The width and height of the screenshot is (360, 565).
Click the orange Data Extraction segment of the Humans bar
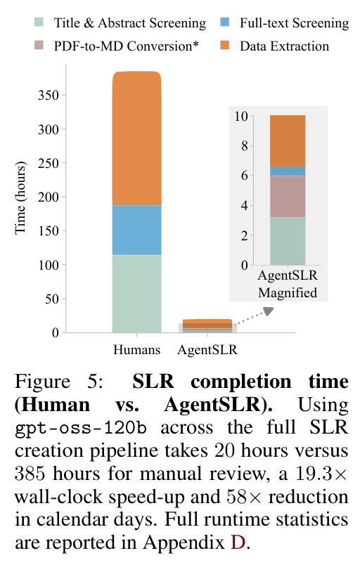tap(136, 138)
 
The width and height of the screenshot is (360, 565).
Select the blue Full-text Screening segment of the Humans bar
tap(136, 230)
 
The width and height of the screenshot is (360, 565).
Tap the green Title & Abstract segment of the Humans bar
tap(136, 294)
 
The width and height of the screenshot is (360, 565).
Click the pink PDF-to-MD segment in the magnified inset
tap(288, 196)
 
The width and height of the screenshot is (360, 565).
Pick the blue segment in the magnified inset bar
tap(288, 171)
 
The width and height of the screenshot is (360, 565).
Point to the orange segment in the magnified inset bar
tap(288, 141)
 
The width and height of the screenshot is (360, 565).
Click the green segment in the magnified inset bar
tap(288, 241)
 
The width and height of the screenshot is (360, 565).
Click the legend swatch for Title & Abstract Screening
tap(39, 22)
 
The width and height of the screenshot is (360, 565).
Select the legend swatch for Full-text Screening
tap(224, 22)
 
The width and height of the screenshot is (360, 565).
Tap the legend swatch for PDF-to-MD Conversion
tap(39, 46)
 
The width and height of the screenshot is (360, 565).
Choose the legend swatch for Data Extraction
tap(224, 46)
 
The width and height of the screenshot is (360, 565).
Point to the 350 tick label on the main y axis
tap(49, 96)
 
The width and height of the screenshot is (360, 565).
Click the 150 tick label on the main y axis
tap(49, 231)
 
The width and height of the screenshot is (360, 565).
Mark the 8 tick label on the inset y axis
tap(245, 146)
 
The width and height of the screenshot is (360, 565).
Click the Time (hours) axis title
tap(20, 198)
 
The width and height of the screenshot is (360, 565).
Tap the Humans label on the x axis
tap(136, 349)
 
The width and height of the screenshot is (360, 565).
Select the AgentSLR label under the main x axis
tap(207, 349)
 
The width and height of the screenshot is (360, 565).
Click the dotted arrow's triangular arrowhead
tap(269, 311)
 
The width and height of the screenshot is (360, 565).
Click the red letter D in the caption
tap(238, 543)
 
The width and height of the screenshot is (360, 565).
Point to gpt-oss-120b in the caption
tap(81, 428)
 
